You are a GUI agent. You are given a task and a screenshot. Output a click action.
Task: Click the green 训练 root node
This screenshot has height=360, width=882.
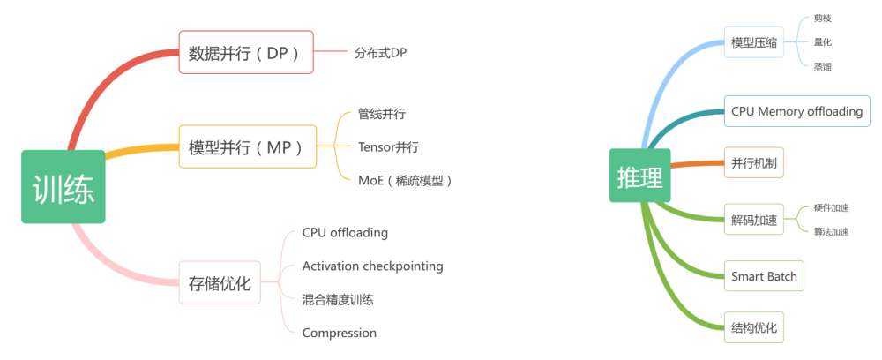pyautogui.click(x=64, y=187)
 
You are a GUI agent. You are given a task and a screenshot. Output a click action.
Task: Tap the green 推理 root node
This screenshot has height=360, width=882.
pyautogui.click(x=640, y=175)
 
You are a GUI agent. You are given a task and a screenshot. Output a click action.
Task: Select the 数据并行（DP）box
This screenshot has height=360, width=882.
pyautogui.click(x=246, y=52)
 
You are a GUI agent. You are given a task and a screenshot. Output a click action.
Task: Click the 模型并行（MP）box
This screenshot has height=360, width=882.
pyautogui.click(x=248, y=146)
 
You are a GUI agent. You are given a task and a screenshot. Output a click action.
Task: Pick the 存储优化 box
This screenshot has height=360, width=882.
pyautogui.click(x=220, y=282)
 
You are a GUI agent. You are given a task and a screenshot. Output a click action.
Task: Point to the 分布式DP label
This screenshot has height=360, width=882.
pyautogui.click(x=381, y=53)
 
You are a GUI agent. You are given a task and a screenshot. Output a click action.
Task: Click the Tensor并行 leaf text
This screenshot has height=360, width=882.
pyautogui.click(x=389, y=147)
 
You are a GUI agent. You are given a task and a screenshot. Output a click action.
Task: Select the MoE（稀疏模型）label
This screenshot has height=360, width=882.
pyautogui.click(x=405, y=181)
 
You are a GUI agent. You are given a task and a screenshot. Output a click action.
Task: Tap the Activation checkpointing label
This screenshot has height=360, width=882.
pyautogui.click(x=372, y=266)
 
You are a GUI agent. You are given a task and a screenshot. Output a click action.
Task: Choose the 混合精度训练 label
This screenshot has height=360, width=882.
pyautogui.click(x=338, y=299)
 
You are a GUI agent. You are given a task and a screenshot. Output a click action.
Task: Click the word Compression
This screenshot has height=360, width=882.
pyautogui.click(x=340, y=333)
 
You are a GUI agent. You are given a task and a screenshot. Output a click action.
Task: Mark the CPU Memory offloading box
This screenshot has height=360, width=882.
pyautogui.click(x=797, y=111)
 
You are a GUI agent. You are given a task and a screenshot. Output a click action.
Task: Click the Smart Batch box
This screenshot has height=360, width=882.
pyautogui.click(x=764, y=276)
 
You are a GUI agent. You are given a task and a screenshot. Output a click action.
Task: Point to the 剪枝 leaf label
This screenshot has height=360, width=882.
pyautogui.click(x=822, y=19)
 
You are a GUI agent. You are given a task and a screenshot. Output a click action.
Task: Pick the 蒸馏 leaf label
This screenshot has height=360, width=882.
pyautogui.click(x=822, y=66)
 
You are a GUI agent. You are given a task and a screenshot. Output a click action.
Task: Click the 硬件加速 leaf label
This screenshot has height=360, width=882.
pyautogui.click(x=832, y=207)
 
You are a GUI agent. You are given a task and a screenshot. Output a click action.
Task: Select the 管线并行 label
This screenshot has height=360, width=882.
pyautogui.click(x=382, y=114)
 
